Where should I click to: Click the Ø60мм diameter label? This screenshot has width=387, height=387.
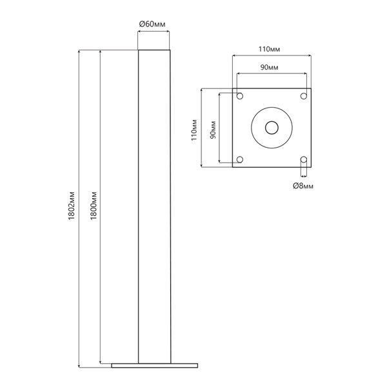point(152,24)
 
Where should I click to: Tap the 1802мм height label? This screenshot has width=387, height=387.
point(72,206)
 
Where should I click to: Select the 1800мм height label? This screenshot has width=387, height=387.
point(94,206)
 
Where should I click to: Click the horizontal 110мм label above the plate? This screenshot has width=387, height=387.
point(269,49)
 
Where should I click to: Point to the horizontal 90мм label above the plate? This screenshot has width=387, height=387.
point(269,67)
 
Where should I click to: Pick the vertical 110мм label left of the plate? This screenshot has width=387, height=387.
point(194,130)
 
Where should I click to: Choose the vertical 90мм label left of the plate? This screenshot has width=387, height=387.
point(213,130)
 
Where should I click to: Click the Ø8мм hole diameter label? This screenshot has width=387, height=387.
point(303,186)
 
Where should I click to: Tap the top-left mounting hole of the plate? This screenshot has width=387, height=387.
point(240,95)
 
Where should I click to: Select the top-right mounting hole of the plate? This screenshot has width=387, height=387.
point(304,95)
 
